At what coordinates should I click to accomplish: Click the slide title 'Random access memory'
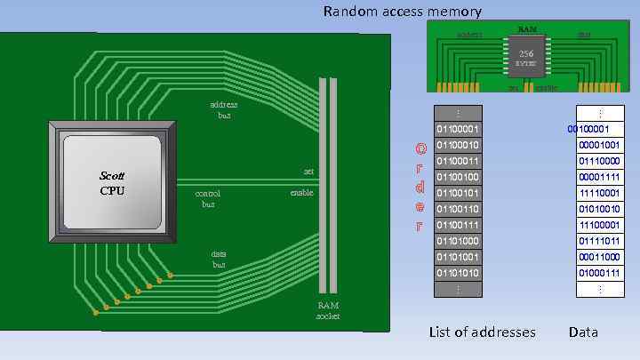pyautogui.click(x=403, y=12)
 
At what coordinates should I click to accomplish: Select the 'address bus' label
pyautogui.click(x=223, y=109)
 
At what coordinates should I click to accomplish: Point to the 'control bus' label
pyautogui.click(x=208, y=197)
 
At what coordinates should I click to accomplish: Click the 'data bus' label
pyautogui.click(x=219, y=259)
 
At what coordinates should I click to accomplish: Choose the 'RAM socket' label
pyautogui.click(x=328, y=310)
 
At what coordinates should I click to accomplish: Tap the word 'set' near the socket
pyautogui.click(x=308, y=171)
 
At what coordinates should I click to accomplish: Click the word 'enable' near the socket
pyautogui.click(x=302, y=192)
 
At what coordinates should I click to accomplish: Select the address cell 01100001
pyautogui.click(x=458, y=130)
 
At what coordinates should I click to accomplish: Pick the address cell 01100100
pyautogui.click(x=458, y=177)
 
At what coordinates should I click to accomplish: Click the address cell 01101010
pyautogui.click(x=458, y=273)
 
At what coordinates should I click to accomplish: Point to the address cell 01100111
pyautogui.click(x=458, y=225)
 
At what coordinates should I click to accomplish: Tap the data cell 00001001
pyautogui.click(x=599, y=145)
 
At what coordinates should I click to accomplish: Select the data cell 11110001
pyautogui.click(x=599, y=193)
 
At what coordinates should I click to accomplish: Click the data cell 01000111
pyautogui.click(x=599, y=273)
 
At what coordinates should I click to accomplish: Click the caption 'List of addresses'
pyautogui.click(x=482, y=332)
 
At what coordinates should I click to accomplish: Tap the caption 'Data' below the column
pyautogui.click(x=583, y=332)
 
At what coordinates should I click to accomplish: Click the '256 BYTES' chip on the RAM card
pyautogui.click(x=526, y=58)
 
